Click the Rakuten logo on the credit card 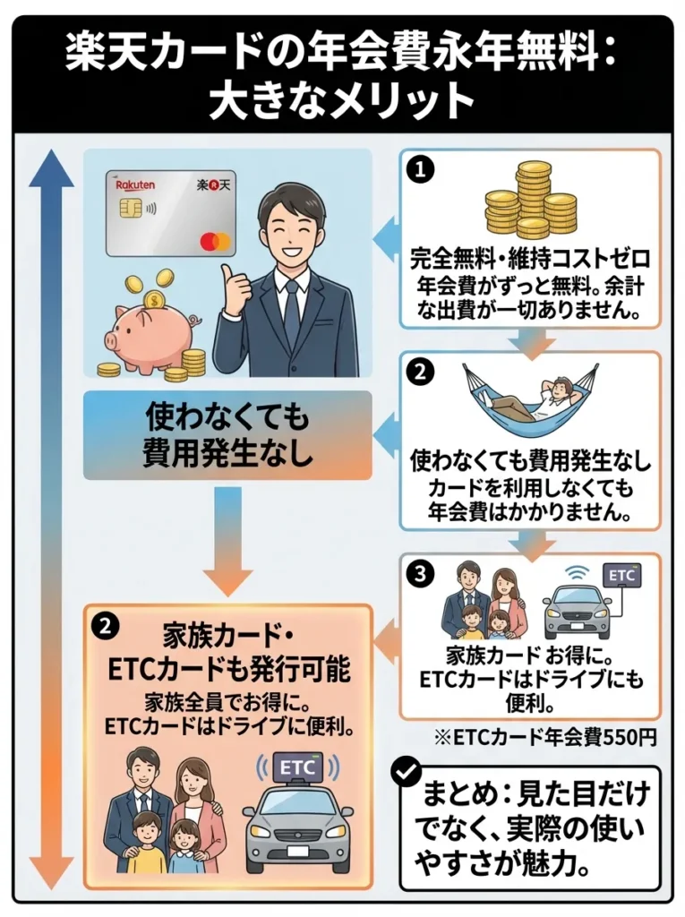(x=135, y=184)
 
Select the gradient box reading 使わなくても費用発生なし (x=227, y=435)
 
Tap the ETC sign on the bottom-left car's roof (x=299, y=767)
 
